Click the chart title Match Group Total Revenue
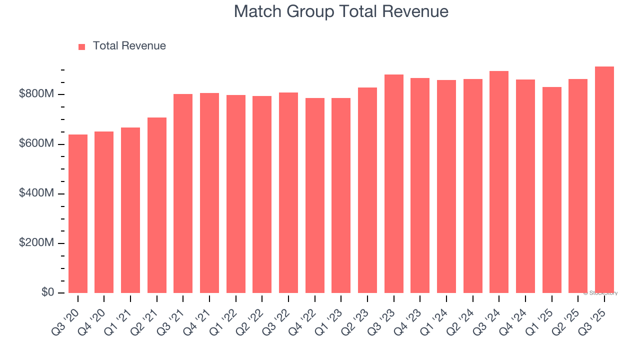tap(341, 11)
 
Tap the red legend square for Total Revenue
tap(82, 46)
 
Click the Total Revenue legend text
tap(129, 46)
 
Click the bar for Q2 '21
tap(157, 205)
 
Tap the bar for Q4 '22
tap(315, 195)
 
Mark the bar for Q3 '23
tap(394, 183)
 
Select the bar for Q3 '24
tap(499, 182)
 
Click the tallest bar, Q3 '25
tap(604, 179)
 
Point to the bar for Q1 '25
tap(552, 190)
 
